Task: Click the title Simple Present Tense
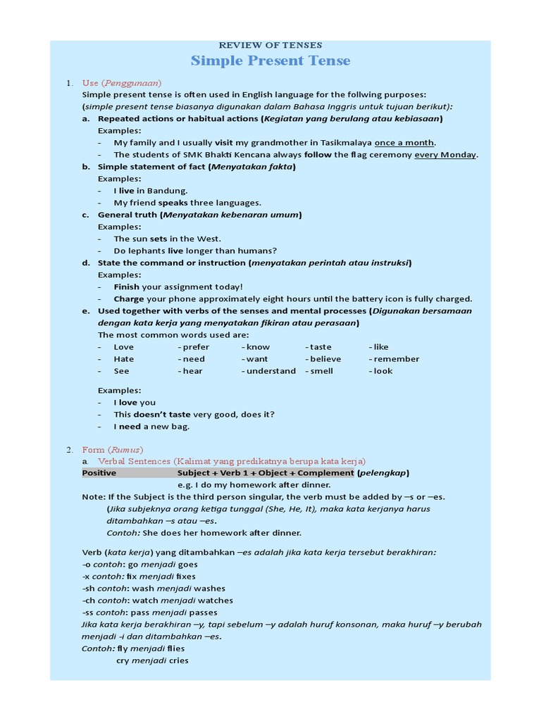point(270,61)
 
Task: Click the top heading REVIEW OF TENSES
point(270,45)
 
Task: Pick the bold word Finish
point(127,287)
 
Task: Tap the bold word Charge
point(129,299)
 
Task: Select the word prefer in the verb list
point(195,347)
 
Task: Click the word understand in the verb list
point(270,371)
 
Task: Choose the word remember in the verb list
point(396,359)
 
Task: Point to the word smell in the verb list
point(321,371)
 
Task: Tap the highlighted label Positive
point(99,473)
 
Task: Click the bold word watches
point(213,601)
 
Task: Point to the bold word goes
point(188,565)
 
